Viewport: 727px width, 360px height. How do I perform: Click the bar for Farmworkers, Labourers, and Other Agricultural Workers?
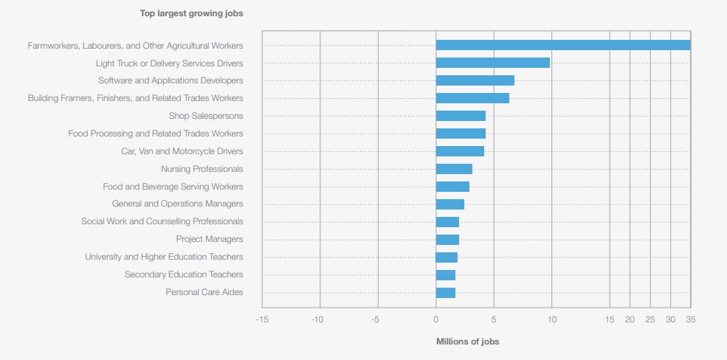point(563,45)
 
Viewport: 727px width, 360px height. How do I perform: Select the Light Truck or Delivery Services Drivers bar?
point(493,63)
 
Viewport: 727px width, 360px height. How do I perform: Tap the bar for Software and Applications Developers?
point(475,80)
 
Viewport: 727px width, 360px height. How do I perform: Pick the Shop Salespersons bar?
point(461,116)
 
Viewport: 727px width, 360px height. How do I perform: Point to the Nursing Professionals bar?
point(454,169)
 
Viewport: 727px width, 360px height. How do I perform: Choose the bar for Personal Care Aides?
point(446,293)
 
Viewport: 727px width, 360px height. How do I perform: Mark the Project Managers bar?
point(447,240)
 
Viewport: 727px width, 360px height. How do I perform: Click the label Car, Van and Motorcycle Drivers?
point(182,151)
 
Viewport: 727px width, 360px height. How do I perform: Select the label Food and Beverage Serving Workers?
point(173,187)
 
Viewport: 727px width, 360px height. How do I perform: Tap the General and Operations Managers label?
point(177,204)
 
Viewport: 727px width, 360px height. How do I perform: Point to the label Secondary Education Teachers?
point(184,274)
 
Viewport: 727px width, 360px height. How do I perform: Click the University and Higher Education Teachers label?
point(164,257)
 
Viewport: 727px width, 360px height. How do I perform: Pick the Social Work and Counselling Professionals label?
point(162,221)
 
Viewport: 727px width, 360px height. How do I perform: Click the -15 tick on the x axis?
point(262,319)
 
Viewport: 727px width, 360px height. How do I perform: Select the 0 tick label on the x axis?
point(436,319)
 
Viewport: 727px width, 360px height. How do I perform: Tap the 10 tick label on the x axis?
point(551,319)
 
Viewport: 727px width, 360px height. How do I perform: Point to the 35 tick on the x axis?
point(690,319)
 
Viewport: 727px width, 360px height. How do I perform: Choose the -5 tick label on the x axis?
point(376,319)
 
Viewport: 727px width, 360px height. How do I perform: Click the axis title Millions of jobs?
point(467,342)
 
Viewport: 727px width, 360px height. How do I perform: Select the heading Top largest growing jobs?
point(191,13)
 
